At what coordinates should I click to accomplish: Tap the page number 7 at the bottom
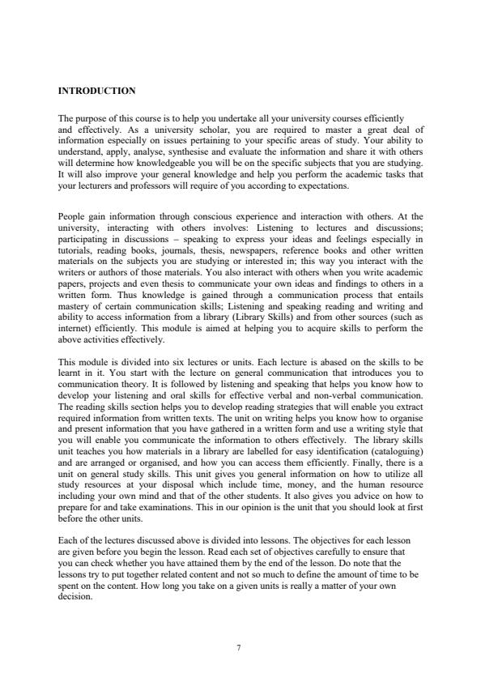click(240, 646)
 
